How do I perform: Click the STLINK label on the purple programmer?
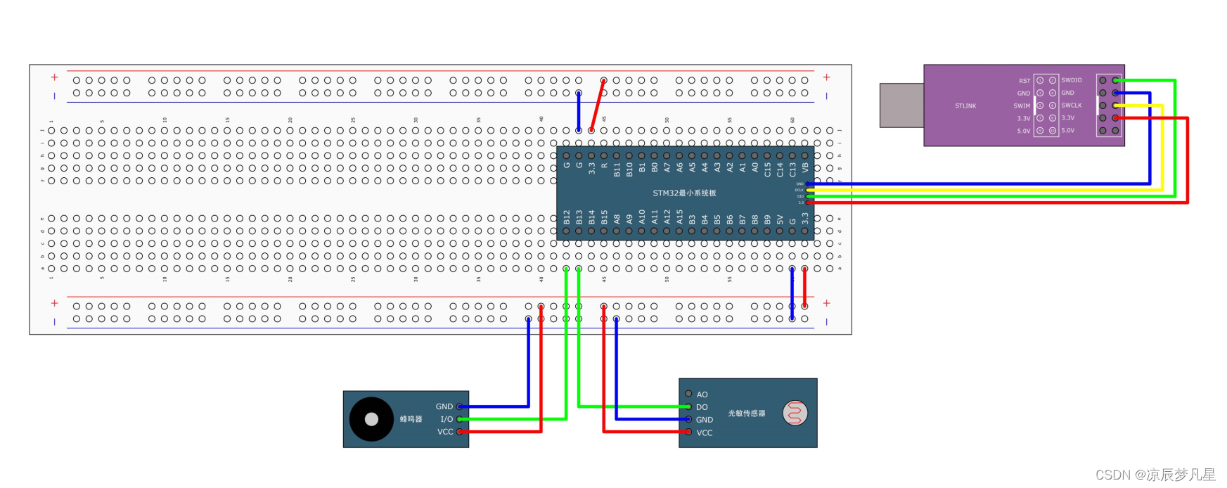(x=965, y=106)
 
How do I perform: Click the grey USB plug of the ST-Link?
(x=901, y=105)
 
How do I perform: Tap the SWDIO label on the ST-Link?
(x=1072, y=80)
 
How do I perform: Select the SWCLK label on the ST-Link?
(x=1072, y=105)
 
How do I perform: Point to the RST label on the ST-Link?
(x=1024, y=81)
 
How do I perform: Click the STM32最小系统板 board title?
(x=684, y=193)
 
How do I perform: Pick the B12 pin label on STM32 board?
(x=567, y=217)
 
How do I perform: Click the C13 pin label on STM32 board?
(x=792, y=169)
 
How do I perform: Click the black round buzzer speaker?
(x=371, y=419)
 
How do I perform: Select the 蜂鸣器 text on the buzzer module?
(x=411, y=419)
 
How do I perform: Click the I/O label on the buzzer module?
(x=447, y=419)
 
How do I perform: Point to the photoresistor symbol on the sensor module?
(x=795, y=413)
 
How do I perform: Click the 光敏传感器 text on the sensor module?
(x=746, y=413)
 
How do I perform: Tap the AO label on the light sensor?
(x=702, y=394)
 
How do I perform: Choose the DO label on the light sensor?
(x=702, y=407)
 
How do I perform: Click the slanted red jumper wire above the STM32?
(x=598, y=105)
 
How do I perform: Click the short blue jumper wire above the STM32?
(x=579, y=111)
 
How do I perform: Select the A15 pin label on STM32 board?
(x=680, y=217)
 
